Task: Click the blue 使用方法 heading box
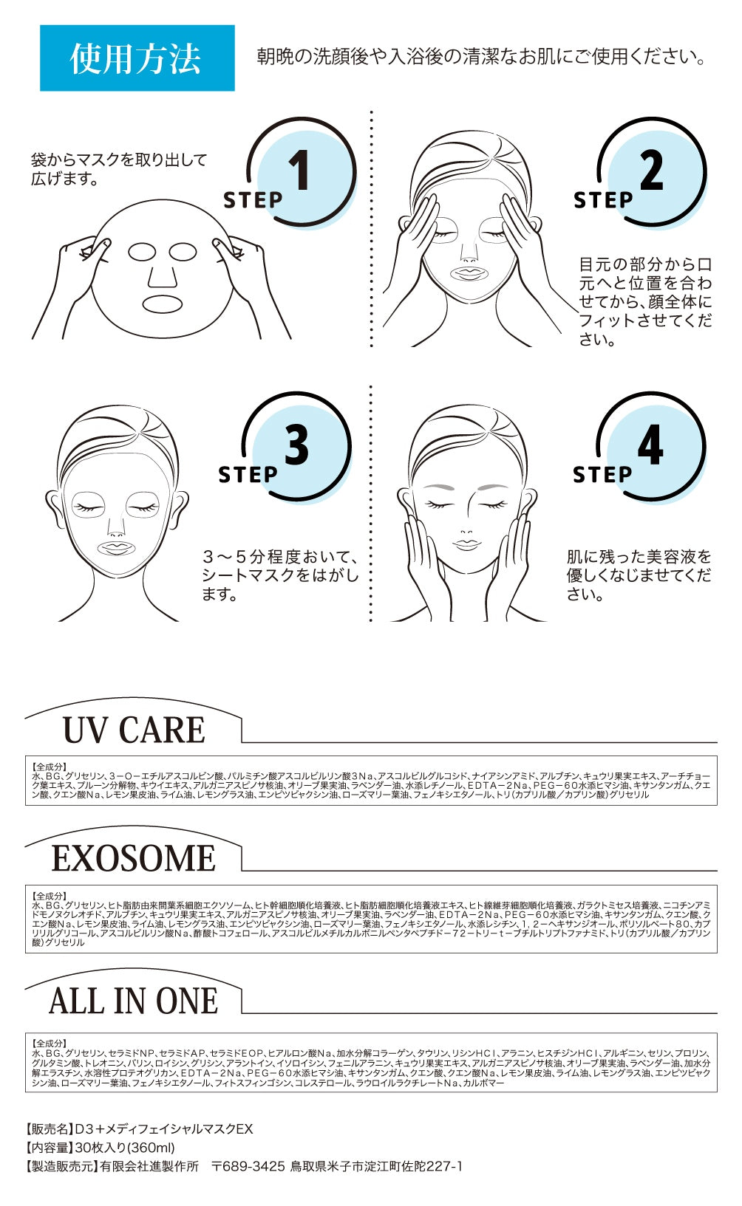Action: [x=137, y=58]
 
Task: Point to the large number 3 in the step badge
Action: [x=296, y=445]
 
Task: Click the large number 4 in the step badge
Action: [x=650, y=445]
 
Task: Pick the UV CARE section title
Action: [x=134, y=730]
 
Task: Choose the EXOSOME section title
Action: [x=134, y=858]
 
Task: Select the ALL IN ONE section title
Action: [x=134, y=1001]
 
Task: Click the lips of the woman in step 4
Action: [x=466, y=544]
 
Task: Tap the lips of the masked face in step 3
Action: [x=115, y=547]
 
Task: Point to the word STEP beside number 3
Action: [x=248, y=474]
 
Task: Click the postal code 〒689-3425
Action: [x=248, y=1166]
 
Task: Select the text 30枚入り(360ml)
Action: [x=125, y=1148]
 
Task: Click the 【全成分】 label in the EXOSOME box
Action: [x=50, y=895]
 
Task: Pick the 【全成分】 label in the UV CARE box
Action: [x=50, y=767]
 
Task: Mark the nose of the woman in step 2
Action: [x=469, y=255]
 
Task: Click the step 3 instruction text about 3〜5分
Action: [x=279, y=575]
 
